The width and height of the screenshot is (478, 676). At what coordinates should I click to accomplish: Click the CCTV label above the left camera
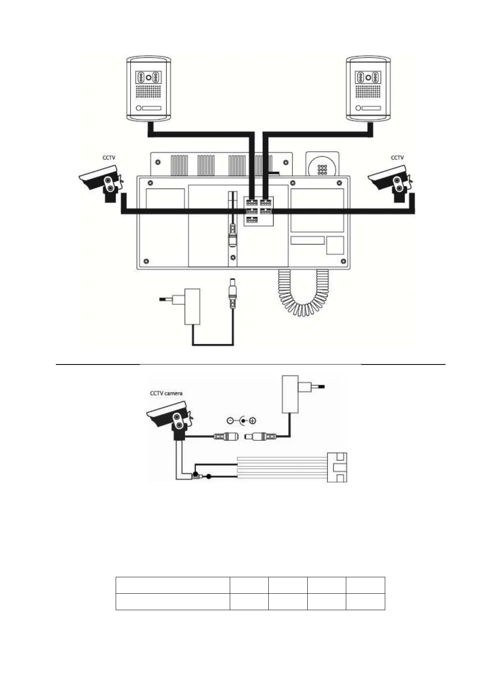pyautogui.click(x=109, y=158)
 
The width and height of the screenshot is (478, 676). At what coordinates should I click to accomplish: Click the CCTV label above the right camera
pyautogui.click(x=397, y=158)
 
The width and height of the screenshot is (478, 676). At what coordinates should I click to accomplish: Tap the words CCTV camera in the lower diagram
pyautogui.click(x=166, y=393)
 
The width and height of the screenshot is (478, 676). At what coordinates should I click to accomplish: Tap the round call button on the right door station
pyautogui.click(x=358, y=108)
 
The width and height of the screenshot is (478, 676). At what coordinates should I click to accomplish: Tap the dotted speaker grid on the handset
pyautogui.click(x=322, y=170)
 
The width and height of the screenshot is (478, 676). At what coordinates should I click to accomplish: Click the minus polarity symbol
pyautogui.click(x=230, y=421)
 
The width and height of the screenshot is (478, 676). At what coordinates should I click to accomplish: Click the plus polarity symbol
pyautogui.click(x=253, y=421)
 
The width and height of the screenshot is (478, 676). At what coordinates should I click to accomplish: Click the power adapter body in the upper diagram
pyautogui.click(x=192, y=306)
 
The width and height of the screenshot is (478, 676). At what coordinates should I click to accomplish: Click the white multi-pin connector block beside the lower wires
pyautogui.click(x=337, y=467)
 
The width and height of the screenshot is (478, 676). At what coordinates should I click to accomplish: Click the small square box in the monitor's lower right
pyautogui.click(x=335, y=245)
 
